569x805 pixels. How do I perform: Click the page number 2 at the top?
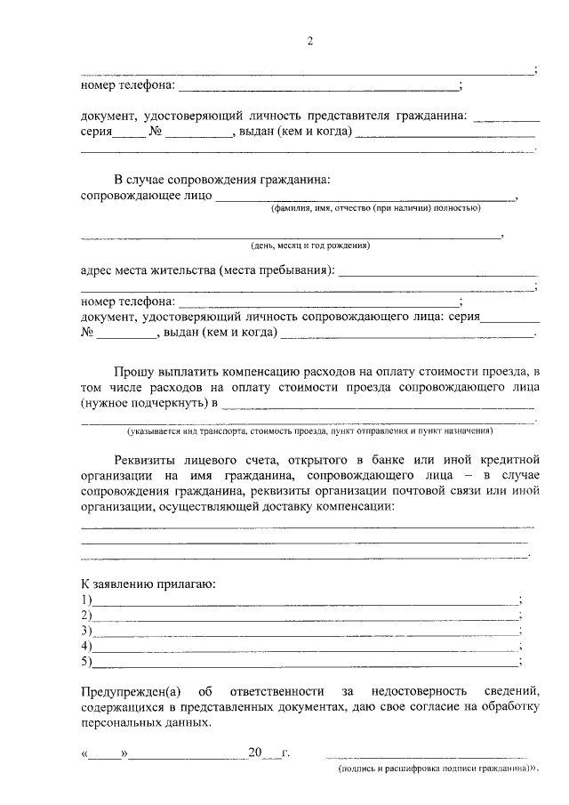tap(310, 41)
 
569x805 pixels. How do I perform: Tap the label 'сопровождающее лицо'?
tap(146, 196)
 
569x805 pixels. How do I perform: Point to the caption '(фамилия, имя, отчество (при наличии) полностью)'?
tap(376, 208)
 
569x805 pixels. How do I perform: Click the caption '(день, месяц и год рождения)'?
tap(310, 245)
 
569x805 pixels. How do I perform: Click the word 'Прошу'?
tap(134, 369)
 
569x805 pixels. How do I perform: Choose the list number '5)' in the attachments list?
tap(86, 661)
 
